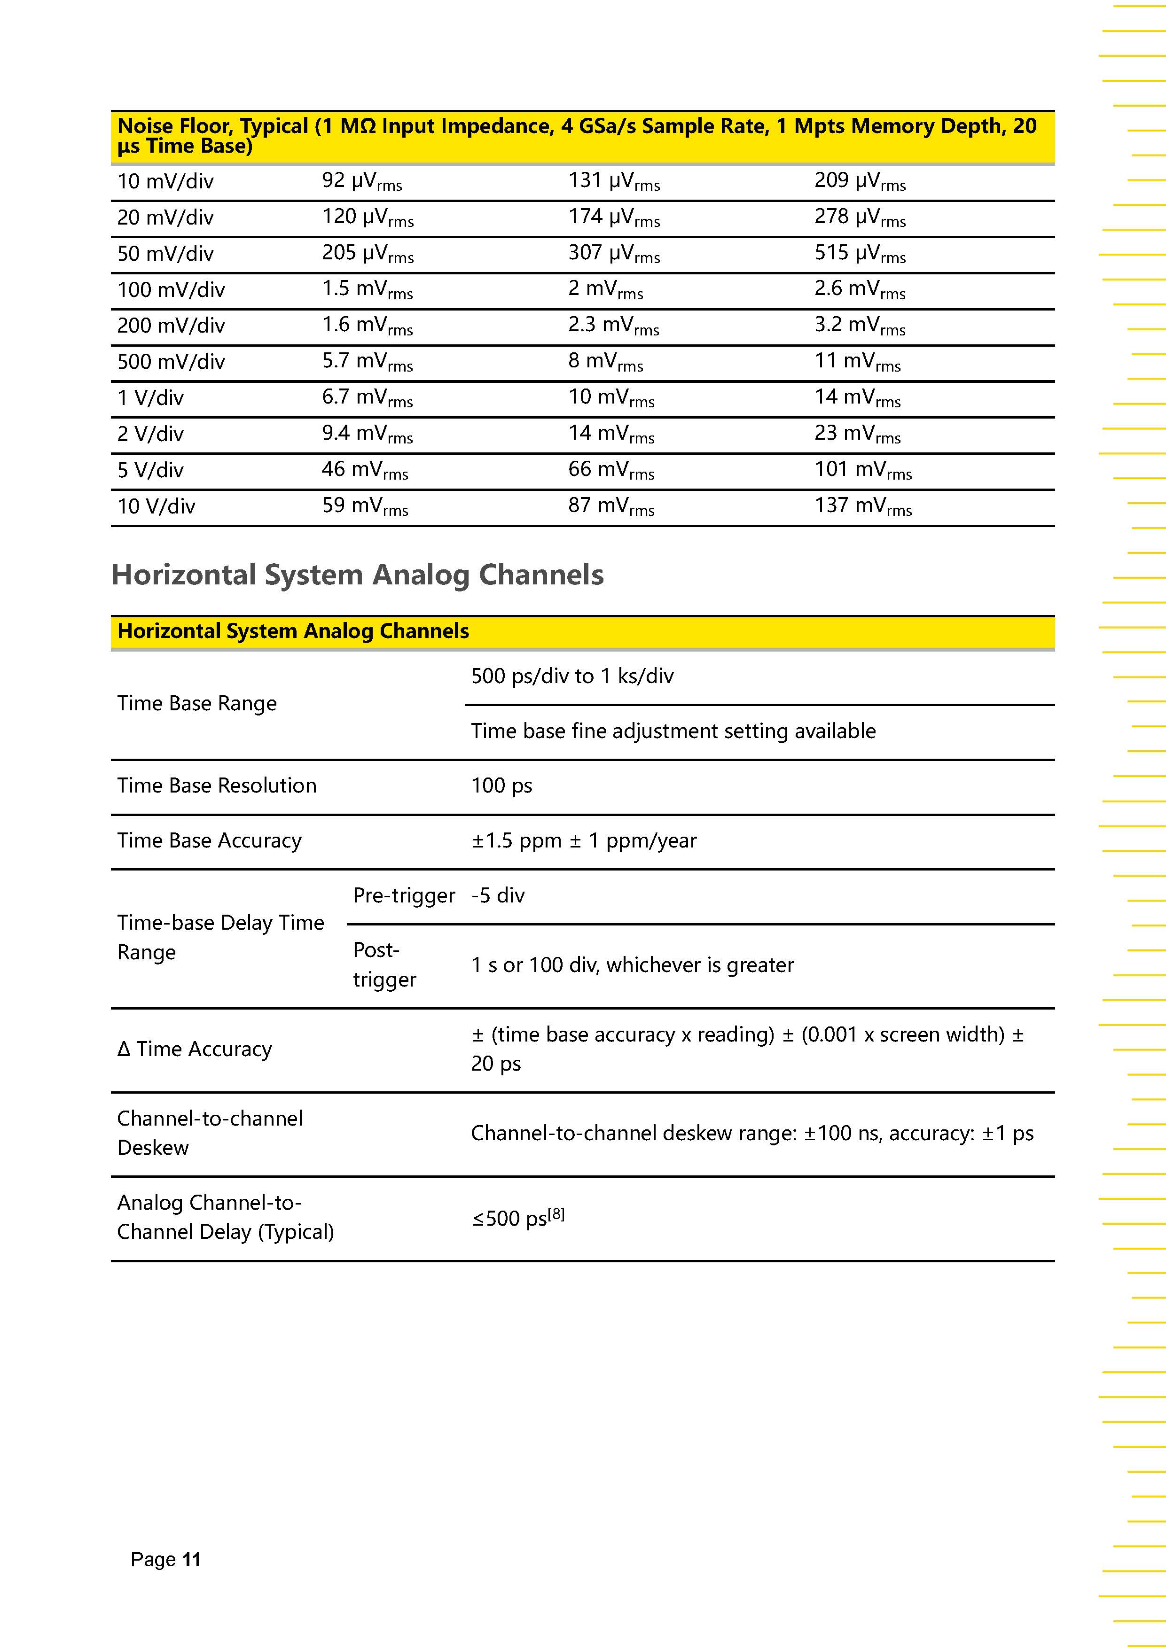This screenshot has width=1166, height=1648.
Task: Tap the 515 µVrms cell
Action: coord(860,253)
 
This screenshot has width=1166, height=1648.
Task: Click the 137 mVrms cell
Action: coord(862,506)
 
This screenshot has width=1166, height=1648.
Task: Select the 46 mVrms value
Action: coord(365,470)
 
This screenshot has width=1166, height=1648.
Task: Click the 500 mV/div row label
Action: coord(171,362)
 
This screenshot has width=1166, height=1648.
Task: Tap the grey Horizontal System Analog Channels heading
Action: coord(358,575)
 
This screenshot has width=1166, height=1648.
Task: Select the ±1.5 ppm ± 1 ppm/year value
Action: coord(584,840)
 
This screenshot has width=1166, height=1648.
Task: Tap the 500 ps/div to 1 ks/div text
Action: coord(572,676)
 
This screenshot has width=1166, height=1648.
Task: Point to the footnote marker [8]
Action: coord(556,1214)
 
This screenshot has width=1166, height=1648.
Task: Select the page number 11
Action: coord(192,1560)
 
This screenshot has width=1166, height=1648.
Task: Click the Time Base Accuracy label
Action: coord(209,840)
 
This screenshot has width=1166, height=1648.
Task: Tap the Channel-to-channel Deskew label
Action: coord(210,1133)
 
